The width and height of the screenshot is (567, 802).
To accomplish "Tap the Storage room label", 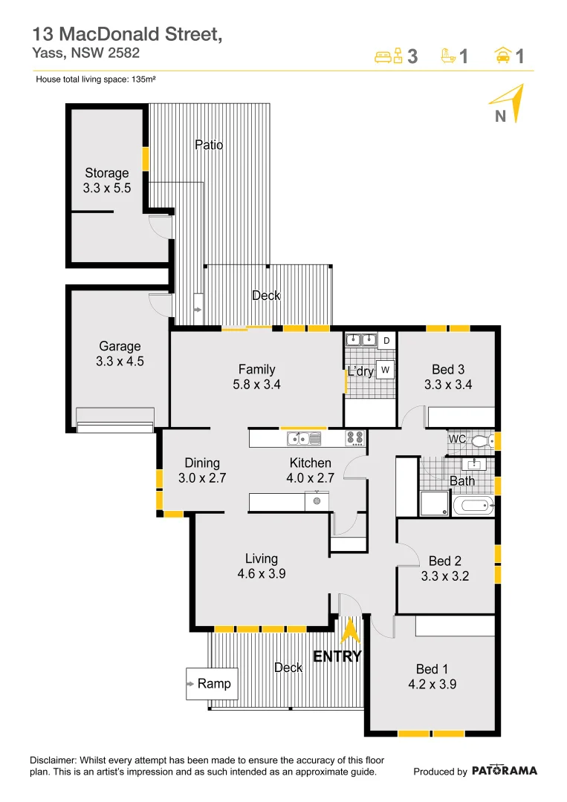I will click(106, 174).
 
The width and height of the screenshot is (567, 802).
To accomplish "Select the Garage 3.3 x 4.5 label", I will click(120, 354).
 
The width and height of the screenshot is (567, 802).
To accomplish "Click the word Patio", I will click(209, 145).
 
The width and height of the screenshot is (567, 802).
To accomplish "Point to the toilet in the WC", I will click(480, 441).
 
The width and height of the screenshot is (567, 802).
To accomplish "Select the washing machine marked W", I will click(385, 369).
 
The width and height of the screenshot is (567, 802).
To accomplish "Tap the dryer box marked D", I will click(386, 341).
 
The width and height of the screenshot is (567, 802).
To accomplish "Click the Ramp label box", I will click(213, 684).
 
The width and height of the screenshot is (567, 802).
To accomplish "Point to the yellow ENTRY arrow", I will click(348, 631).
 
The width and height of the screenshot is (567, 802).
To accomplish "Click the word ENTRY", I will click(337, 656).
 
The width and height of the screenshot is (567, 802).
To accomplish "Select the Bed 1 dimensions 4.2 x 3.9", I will click(432, 685).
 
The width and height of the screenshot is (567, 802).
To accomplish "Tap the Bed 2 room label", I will click(445, 561).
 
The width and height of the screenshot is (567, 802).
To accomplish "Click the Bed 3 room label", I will click(448, 369).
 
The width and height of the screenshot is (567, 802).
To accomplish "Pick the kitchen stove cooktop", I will click(355, 439).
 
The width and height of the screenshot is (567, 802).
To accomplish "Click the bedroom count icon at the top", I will click(389, 56).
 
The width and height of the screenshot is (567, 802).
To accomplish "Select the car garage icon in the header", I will click(502, 56).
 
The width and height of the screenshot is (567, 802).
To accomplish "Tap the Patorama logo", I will click(505, 771).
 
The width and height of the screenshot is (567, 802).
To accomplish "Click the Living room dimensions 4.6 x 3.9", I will click(262, 574).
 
